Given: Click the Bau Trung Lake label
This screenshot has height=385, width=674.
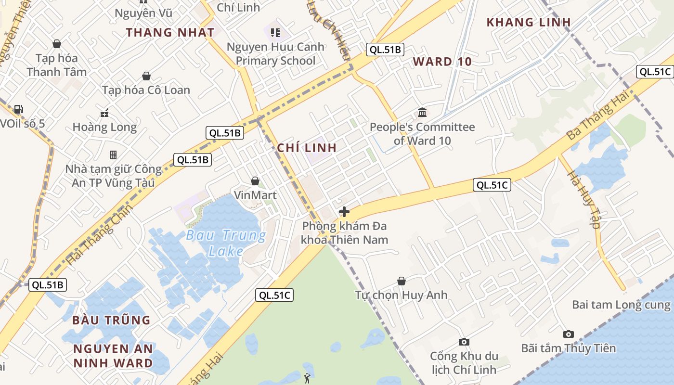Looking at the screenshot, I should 226,243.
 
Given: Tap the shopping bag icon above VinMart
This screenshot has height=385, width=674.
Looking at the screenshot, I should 255,181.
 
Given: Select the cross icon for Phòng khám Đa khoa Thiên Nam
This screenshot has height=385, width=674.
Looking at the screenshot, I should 344,211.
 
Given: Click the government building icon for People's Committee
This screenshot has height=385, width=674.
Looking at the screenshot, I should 422,113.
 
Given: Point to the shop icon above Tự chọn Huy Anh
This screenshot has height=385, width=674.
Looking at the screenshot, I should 402,281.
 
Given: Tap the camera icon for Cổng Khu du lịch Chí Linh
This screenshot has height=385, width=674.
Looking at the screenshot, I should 464,342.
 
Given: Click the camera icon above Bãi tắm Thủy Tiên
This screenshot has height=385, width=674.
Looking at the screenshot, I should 569,334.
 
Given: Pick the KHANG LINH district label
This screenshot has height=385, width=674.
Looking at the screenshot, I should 529,22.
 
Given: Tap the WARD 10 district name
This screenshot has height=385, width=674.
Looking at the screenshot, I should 442,62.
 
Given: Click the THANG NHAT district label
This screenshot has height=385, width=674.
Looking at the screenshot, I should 170,33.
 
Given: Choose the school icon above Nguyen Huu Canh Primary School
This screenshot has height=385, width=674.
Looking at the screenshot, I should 275,33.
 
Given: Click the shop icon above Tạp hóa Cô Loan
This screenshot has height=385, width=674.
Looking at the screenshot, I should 146,76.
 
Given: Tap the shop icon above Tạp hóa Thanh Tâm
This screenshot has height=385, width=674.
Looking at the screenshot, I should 57,44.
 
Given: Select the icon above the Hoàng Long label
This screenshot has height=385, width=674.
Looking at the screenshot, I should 104,114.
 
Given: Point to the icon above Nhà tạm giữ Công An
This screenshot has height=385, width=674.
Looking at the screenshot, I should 113,155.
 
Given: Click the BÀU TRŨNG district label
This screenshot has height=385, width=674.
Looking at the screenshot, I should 111,320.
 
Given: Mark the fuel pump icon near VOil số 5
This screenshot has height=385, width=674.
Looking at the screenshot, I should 18,110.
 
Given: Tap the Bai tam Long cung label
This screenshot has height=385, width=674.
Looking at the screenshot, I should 621,305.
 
